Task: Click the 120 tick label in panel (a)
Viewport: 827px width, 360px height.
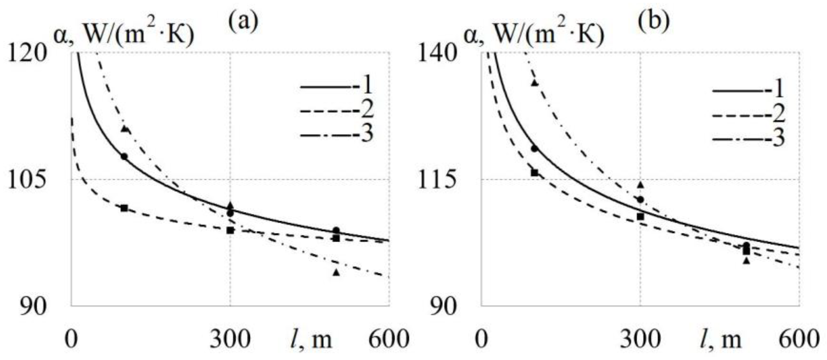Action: (x=27, y=53)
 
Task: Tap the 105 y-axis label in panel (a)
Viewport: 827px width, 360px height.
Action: (x=27, y=180)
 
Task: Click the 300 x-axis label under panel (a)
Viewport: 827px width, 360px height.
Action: (x=230, y=339)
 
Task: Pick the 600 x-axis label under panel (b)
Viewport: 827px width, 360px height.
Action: (x=799, y=339)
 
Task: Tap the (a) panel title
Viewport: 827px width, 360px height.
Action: (x=243, y=22)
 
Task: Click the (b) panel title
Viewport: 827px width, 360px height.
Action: (x=653, y=22)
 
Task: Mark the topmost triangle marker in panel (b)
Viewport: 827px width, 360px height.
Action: (x=534, y=83)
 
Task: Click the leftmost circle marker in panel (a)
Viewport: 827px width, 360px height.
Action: (x=124, y=157)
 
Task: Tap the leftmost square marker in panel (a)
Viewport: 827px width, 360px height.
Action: (x=124, y=208)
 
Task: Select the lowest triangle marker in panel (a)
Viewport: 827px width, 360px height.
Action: (x=336, y=273)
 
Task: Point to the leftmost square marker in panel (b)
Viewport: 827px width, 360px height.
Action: (x=534, y=173)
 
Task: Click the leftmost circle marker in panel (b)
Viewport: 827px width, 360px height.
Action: (x=534, y=149)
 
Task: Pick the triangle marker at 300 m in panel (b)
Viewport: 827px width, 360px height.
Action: (x=641, y=184)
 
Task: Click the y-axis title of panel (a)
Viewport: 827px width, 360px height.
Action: (x=124, y=36)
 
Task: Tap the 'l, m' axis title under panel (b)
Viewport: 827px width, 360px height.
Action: (x=720, y=339)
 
